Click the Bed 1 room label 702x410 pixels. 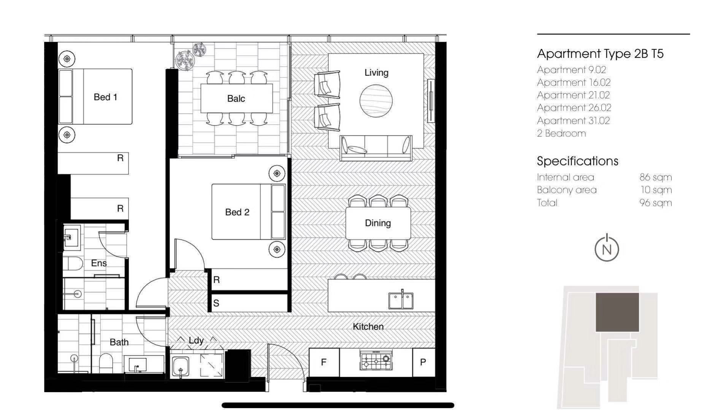coord(105,97)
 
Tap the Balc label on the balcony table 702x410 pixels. coord(236,99)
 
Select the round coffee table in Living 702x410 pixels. coord(376,101)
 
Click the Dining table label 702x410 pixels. coord(378,223)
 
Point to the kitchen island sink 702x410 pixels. coord(401,300)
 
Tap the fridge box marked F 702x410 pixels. coord(324,363)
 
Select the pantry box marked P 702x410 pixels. coord(423,363)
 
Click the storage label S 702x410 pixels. coord(216,303)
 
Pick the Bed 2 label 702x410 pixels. coord(237,212)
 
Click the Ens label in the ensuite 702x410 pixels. coord(99,263)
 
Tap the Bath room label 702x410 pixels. coord(119,342)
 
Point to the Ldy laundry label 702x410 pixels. coord(196,340)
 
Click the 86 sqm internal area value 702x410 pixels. coord(656,177)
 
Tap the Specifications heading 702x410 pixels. coord(578,161)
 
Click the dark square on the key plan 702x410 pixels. coord(617,312)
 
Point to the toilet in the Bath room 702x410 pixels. coord(106,363)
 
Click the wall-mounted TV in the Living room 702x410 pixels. coord(431,101)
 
